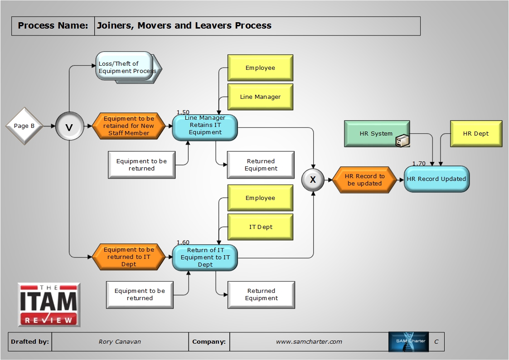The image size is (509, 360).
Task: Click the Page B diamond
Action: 24,126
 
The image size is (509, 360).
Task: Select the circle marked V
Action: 69,127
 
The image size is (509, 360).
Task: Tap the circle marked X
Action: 313,180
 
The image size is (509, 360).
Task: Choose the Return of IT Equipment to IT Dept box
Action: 205,257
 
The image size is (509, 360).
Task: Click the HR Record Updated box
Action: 436,179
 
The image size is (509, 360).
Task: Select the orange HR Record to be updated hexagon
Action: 365,180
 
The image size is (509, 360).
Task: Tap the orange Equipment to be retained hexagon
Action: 129,126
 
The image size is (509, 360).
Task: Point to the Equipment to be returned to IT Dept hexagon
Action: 129,257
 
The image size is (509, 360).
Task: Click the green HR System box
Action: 377,133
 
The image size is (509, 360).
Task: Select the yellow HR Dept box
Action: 476,133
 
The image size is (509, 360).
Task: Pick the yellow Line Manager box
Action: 260,97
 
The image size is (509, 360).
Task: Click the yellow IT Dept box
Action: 260,227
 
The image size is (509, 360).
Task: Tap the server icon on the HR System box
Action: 402,141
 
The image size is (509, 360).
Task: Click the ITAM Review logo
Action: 49,304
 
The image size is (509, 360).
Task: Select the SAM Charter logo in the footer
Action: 408,342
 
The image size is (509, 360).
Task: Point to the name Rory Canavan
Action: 120,342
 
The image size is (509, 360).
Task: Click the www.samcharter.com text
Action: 309,342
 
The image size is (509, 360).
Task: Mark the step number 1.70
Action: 419,163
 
